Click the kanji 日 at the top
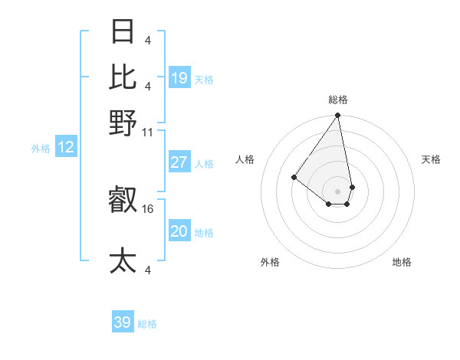coord(123,32)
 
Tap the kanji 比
coord(123,77)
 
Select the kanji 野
coord(123,123)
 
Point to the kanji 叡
coord(123,201)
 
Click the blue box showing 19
coord(179,78)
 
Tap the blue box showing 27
coord(179,162)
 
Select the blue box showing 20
coord(179,231)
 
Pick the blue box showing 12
coord(66,148)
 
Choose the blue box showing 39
coord(123,322)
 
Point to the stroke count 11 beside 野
coord(149,132)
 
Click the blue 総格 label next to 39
coord(147,324)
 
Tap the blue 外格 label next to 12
coord(41,149)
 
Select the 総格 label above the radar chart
coord(338,100)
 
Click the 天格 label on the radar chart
coord(432,159)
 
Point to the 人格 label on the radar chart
coord(245,159)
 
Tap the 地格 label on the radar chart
coord(402,262)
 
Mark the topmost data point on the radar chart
coord(338,116)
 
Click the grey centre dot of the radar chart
coord(338,191)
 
